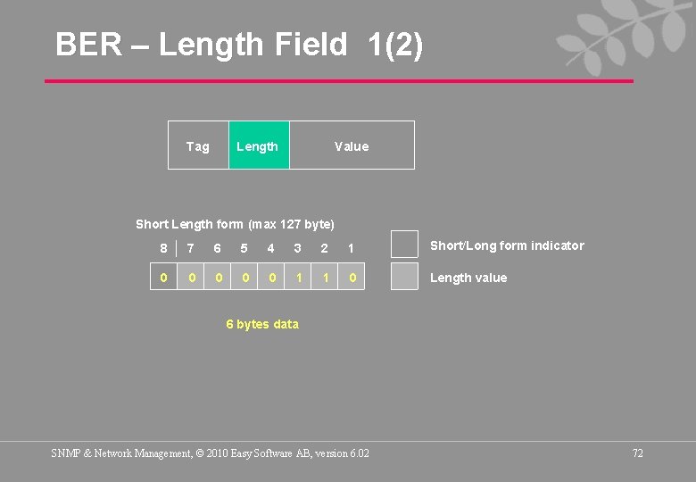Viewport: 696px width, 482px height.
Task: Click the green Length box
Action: (x=258, y=145)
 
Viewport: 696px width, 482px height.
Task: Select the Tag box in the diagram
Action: (x=198, y=145)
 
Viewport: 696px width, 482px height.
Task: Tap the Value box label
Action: (x=352, y=146)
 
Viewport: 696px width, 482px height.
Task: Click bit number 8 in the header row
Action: (x=163, y=248)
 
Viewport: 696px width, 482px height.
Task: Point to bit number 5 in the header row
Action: (x=244, y=248)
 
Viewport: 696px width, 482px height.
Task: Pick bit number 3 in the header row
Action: (x=298, y=248)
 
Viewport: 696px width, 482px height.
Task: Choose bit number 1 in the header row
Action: (x=352, y=248)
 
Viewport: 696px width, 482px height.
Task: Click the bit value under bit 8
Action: (x=163, y=278)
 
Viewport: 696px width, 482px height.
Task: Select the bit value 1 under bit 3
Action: (x=299, y=278)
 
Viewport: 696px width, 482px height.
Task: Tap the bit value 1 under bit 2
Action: (x=326, y=278)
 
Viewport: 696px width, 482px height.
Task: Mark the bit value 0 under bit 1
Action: (x=352, y=278)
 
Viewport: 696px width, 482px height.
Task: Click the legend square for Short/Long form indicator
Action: (x=405, y=245)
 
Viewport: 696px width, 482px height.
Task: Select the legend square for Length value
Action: (x=405, y=276)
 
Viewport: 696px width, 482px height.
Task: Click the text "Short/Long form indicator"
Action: (x=507, y=245)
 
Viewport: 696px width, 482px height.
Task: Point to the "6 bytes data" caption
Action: (x=262, y=324)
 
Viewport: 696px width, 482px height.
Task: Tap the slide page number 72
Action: (x=637, y=453)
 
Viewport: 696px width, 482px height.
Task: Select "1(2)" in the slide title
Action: (x=395, y=44)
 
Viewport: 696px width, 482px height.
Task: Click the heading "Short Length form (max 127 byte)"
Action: (x=235, y=223)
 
